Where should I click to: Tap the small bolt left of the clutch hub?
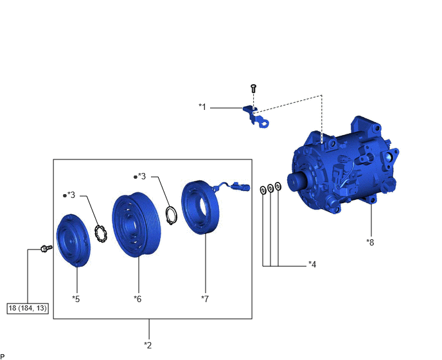46,248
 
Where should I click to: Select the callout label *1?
202,107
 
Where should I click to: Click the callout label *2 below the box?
148,345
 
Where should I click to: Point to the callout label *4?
312,264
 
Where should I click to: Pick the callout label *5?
76,299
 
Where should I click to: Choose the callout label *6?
137,299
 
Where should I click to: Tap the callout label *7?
205,299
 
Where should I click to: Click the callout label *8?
370,242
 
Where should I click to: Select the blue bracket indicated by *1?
256,117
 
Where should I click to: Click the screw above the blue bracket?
253,88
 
